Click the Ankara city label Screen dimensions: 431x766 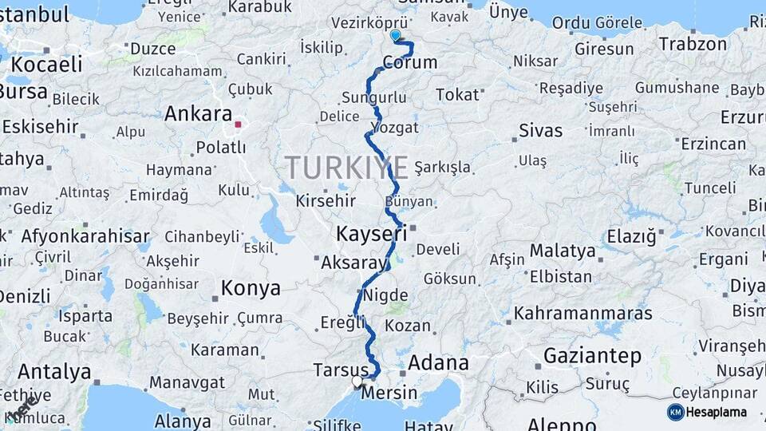point(198,114)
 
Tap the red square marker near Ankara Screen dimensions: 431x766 point(237,125)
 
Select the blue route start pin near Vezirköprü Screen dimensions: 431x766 point(395,34)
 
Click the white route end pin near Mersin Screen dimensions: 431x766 point(357,382)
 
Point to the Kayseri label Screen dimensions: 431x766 point(371,234)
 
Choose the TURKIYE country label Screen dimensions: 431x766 point(346,168)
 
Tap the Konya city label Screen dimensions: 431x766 point(251,288)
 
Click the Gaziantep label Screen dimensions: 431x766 point(592,355)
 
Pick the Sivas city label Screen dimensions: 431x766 point(540,130)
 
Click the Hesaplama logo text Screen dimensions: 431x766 point(717,413)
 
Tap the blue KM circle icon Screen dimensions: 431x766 point(676,413)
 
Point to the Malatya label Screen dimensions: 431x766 point(563,251)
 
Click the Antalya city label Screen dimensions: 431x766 point(54,372)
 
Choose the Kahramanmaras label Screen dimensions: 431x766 point(582,314)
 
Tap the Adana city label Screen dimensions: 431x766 point(438,362)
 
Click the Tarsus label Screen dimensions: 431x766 point(341,370)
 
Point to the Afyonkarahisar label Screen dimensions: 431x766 point(85,236)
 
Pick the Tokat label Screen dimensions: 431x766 point(457,95)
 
